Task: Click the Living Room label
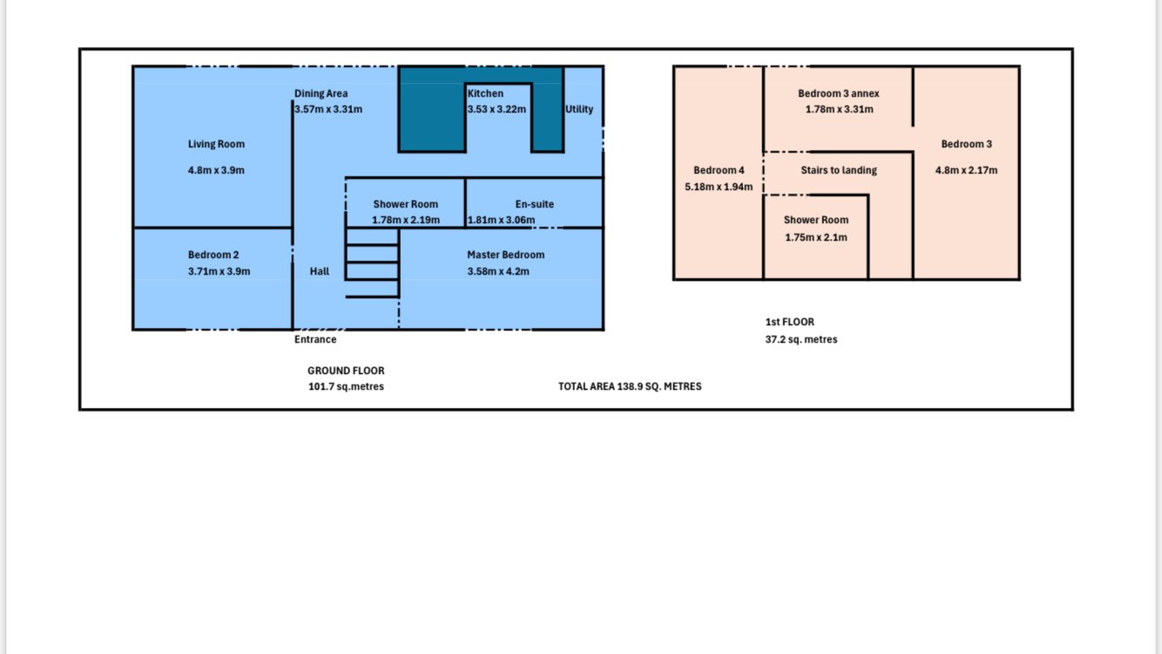pos(216,145)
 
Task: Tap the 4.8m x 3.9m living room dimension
pos(216,170)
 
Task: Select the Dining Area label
pos(321,94)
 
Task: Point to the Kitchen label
pos(485,93)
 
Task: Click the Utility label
pos(579,110)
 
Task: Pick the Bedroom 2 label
pos(213,255)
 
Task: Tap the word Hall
pos(319,271)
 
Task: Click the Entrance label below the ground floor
pos(315,339)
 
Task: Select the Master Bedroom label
pos(506,255)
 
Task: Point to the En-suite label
pos(534,204)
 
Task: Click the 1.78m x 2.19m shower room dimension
pos(406,221)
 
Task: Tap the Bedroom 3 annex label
pos(838,93)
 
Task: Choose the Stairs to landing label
pos(839,170)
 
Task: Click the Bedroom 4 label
pos(719,170)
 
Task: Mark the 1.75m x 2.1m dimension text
pos(816,237)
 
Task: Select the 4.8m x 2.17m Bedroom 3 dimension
pos(966,170)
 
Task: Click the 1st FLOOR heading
pos(789,322)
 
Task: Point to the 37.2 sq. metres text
pos(801,340)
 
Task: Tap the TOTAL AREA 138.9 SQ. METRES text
pos(630,386)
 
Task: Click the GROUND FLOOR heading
pos(346,371)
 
